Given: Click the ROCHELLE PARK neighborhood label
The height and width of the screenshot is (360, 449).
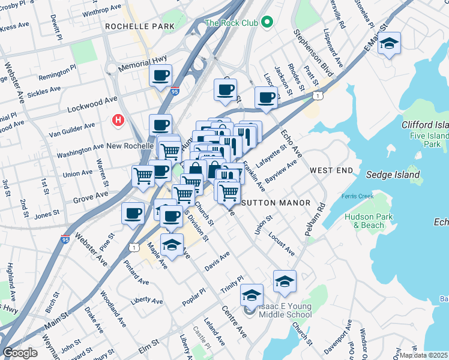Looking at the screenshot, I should point(139,26).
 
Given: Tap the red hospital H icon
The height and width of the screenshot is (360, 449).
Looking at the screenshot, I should point(118,120).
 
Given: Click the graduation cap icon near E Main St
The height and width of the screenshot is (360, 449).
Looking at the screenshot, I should point(390,44).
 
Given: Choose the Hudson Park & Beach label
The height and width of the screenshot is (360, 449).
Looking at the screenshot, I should point(368,221).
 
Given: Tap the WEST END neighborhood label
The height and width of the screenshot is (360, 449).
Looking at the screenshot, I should point(331,171).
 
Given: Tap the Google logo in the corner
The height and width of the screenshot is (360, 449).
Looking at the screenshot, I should point(20,353).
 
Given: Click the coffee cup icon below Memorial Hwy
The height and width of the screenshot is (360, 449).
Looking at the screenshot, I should point(161,76).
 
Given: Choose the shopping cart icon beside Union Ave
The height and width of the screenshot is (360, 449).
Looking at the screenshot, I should point(143,176).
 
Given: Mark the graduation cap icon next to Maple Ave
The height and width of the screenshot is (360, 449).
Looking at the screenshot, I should point(172,245).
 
